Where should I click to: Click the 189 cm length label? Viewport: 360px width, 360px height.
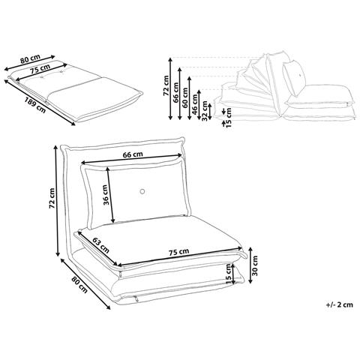35,105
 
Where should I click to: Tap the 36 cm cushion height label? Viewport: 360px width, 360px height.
106,195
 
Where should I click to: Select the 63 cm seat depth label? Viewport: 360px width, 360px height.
101,244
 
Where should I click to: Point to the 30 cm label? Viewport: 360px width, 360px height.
255,265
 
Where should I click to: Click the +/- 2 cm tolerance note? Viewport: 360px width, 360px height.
340,304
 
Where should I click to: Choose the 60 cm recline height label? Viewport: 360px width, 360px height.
185,97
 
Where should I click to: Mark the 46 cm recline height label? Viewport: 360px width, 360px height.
195,104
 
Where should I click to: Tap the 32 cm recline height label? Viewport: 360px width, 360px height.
205,111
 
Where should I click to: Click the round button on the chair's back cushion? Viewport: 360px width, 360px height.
142,192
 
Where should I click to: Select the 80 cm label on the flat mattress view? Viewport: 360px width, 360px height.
30,59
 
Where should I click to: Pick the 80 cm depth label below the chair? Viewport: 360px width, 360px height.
79,285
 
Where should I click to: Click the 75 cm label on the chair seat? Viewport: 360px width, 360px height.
178,252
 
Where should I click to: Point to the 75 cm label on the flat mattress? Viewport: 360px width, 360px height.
40,68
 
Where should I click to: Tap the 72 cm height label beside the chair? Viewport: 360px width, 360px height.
52,198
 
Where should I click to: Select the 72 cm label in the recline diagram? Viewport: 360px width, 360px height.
166,85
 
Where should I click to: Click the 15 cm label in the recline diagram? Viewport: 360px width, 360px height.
228,117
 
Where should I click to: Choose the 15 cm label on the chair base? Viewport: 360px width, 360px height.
229,274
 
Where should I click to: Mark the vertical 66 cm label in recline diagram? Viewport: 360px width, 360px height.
175,92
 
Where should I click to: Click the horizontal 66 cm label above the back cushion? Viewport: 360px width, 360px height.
133,154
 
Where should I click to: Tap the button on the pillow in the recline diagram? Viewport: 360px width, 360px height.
300,74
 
